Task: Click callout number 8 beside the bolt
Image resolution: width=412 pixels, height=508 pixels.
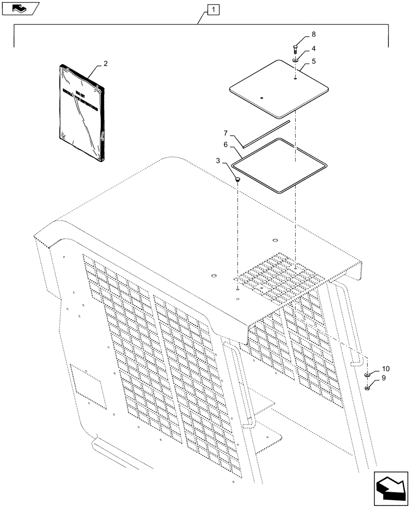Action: tap(313, 35)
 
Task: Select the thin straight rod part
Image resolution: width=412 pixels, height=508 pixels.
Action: tap(265, 134)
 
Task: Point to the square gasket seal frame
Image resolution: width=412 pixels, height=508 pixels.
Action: tap(279, 165)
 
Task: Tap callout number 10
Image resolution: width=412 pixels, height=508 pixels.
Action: tap(386, 368)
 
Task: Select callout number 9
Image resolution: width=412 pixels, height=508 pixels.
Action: tap(384, 378)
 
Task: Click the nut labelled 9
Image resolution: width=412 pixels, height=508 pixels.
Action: tap(367, 389)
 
